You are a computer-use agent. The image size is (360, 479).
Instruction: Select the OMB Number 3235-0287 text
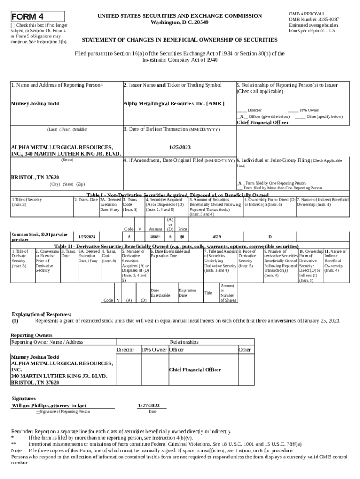pyautogui.click(x=314, y=20)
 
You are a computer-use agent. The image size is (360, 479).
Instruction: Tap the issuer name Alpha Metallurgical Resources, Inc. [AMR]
pyautogui.click(x=174, y=103)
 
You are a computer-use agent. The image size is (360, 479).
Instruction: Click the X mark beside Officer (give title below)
pyautogui.click(x=242, y=116)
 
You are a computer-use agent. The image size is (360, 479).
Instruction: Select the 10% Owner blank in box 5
pyautogui.click(x=293, y=110)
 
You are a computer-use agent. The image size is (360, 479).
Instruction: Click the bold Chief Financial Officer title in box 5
pyautogui.click(x=262, y=123)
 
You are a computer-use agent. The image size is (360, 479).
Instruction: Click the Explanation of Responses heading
pyautogui.click(x=41, y=314)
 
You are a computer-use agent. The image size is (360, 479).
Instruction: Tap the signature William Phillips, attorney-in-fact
pyautogui.click(x=49, y=406)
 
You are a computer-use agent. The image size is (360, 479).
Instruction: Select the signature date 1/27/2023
pyautogui.click(x=149, y=406)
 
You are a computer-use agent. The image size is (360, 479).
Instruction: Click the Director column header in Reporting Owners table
pyautogui.click(x=125, y=350)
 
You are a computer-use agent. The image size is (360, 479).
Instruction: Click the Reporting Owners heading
pyautogui.click(x=31, y=335)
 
